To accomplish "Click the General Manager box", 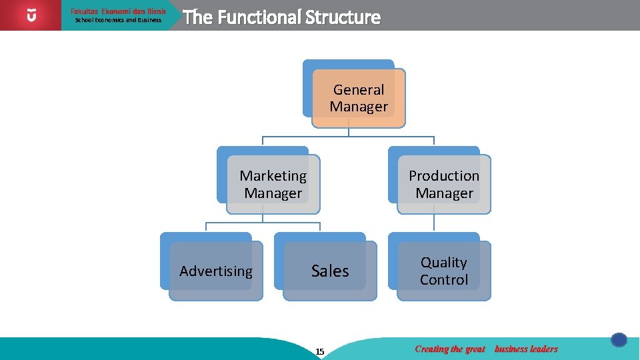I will tap(358, 98).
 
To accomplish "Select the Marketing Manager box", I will tap(273, 184).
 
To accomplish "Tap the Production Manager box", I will tap(444, 184).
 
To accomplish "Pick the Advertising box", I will tap(216, 271).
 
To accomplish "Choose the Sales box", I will tap(330, 271).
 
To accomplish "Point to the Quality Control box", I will tap(444, 271).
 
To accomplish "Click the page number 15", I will tap(320, 351).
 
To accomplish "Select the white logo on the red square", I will tap(31, 15).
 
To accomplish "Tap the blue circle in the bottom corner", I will tap(619, 340).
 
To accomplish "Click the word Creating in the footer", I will tap(431, 349).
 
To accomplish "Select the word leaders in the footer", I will tap(542, 349).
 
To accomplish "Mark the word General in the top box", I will tap(359, 89).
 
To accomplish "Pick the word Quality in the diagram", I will tap(444, 262).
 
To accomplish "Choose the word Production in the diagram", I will tap(444, 175).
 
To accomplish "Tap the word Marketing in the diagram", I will tap(273, 175).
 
